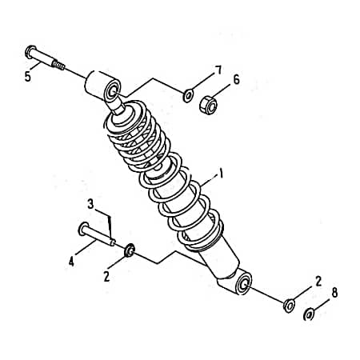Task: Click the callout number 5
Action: (x=28, y=77)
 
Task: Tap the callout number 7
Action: (x=218, y=70)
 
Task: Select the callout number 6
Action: (x=236, y=80)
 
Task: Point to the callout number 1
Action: (x=221, y=174)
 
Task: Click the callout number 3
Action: (x=90, y=205)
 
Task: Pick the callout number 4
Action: (x=71, y=262)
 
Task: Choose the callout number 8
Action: (x=334, y=293)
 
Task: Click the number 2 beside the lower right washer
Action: (x=318, y=282)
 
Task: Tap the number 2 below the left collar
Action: (x=106, y=277)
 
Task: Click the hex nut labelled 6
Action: (x=208, y=106)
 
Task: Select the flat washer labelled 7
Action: (x=188, y=96)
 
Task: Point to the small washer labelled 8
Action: (x=309, y=314)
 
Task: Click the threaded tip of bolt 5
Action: (x=58, y=65)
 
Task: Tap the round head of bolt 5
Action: (x=30, y=52)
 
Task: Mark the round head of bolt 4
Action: (x=83, y=229)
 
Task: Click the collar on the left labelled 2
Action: (x=130, y=250)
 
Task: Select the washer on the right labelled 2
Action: (x=289, y=306)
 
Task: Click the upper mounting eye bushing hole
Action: (x=113, y=92)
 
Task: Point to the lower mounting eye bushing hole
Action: (x=243, y=285)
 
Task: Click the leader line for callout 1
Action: (x=209, y=180)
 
